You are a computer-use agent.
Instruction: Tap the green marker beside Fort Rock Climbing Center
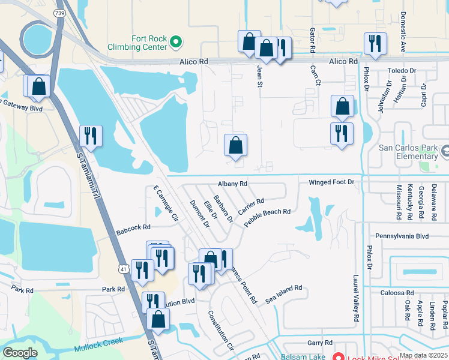176,41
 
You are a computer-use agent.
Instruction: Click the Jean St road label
261,76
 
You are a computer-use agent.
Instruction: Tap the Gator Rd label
312,38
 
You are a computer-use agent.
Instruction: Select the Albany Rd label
233,184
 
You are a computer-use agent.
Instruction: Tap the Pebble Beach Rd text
267,216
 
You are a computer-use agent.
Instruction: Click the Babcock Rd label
133,228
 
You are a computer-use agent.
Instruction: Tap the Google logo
20,353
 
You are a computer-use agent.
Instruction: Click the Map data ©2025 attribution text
423,355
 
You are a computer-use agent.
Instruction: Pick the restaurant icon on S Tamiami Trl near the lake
91,136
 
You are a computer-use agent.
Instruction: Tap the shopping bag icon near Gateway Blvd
38,86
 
